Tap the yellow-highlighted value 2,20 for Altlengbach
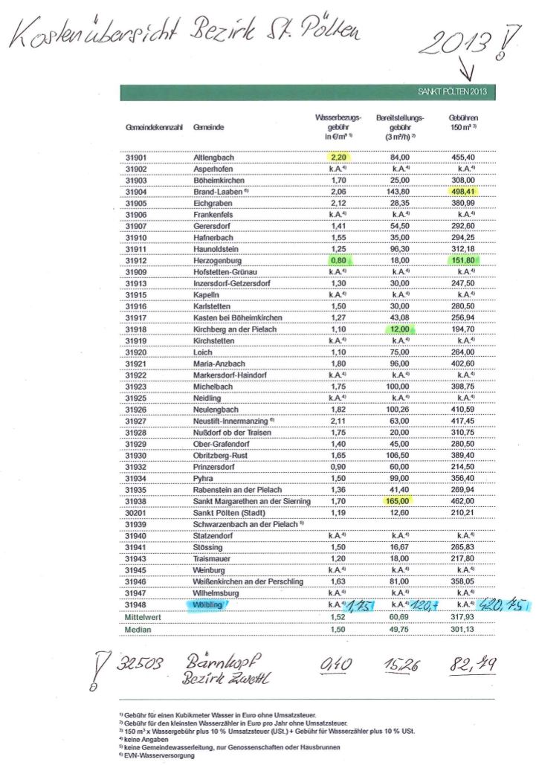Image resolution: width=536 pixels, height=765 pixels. pyautogui.click(x=338, y=157)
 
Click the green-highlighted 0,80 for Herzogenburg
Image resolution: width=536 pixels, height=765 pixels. pyautogui.click(x=338, y=260)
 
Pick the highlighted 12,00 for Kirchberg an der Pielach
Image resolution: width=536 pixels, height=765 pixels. pyautogui.click(x=399, y=329)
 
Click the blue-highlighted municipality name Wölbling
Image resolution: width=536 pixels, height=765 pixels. pyautogui.click(x=207, y=605)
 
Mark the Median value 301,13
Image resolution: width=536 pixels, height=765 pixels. pyautogui.click(x=462, y=628)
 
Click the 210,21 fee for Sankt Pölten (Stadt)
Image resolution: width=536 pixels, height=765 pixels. pyautogui.click(x=462, y=512)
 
